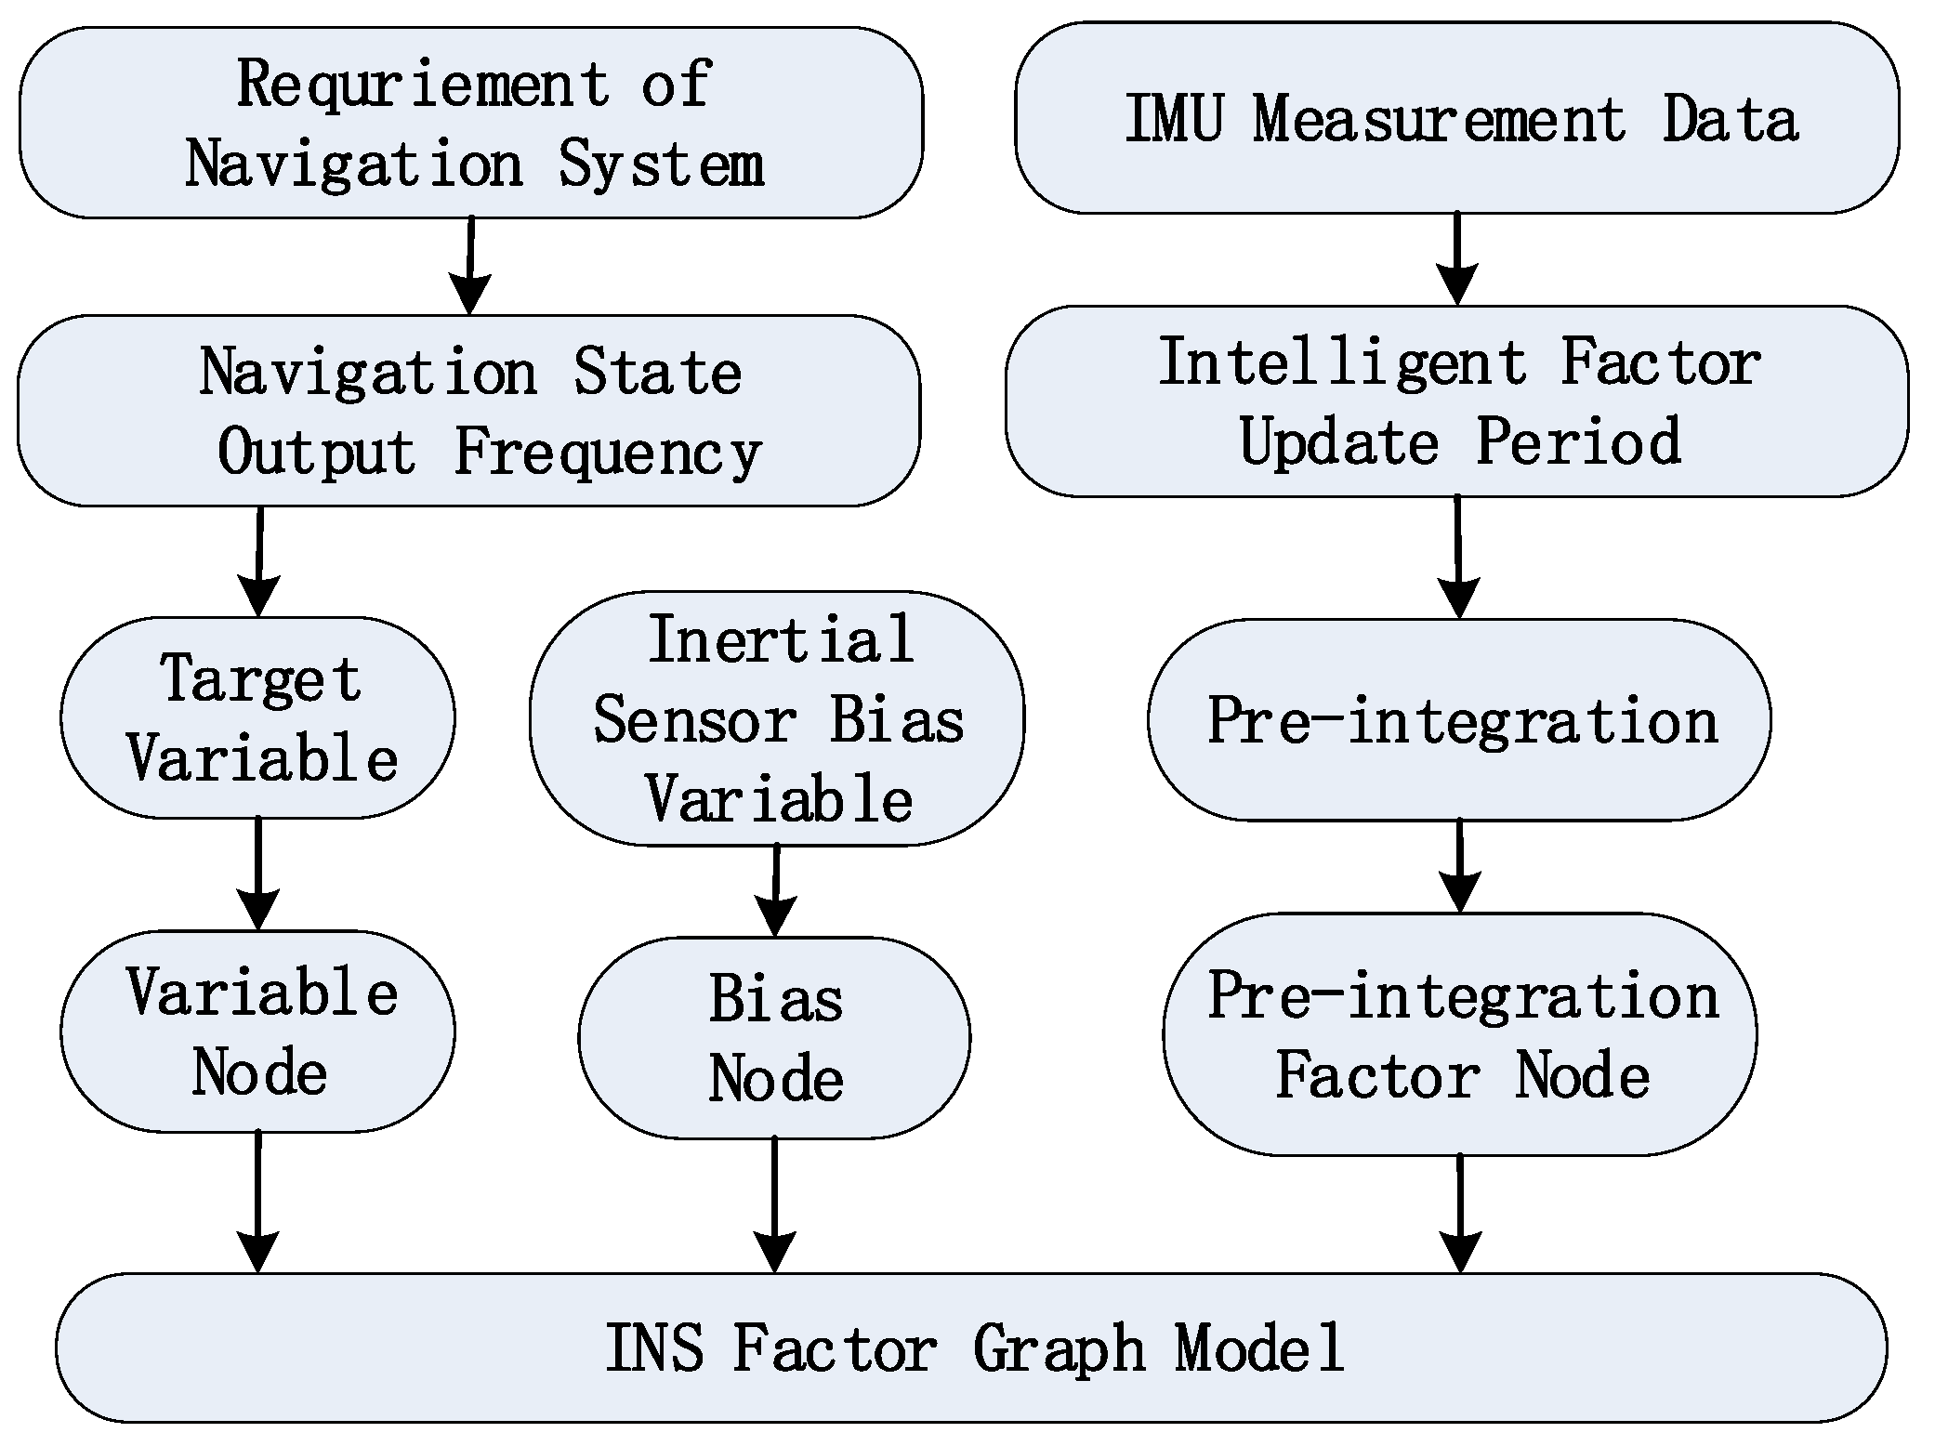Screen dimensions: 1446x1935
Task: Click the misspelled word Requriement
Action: (x=423, y=84)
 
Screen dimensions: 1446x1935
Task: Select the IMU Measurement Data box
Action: (x=1457, y=119)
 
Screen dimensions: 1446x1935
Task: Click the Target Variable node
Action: (x=257, y=717)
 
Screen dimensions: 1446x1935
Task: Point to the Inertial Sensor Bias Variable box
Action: (x=777, y=718)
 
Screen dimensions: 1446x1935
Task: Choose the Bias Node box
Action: (x=774, y=1038)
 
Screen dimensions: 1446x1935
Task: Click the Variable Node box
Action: (x=257, y=1032)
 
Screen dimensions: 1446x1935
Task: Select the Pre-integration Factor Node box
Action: (x=1460, y=1034)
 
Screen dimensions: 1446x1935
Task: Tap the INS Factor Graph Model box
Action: (x=971, y=1347)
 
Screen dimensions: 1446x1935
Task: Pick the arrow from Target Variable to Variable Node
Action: (x=257, y=874)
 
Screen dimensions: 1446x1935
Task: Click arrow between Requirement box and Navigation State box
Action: (x=470, y=266)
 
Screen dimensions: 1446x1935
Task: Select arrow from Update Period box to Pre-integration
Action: (x=1458, y=557)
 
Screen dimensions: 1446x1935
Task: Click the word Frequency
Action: (x=608, y=454)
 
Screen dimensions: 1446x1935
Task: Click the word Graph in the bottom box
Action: (x=1059, y=1349)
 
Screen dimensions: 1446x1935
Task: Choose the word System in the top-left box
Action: (x=661, y=165)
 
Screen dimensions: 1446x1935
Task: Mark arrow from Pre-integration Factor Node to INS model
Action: (x=1460, y=1213)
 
